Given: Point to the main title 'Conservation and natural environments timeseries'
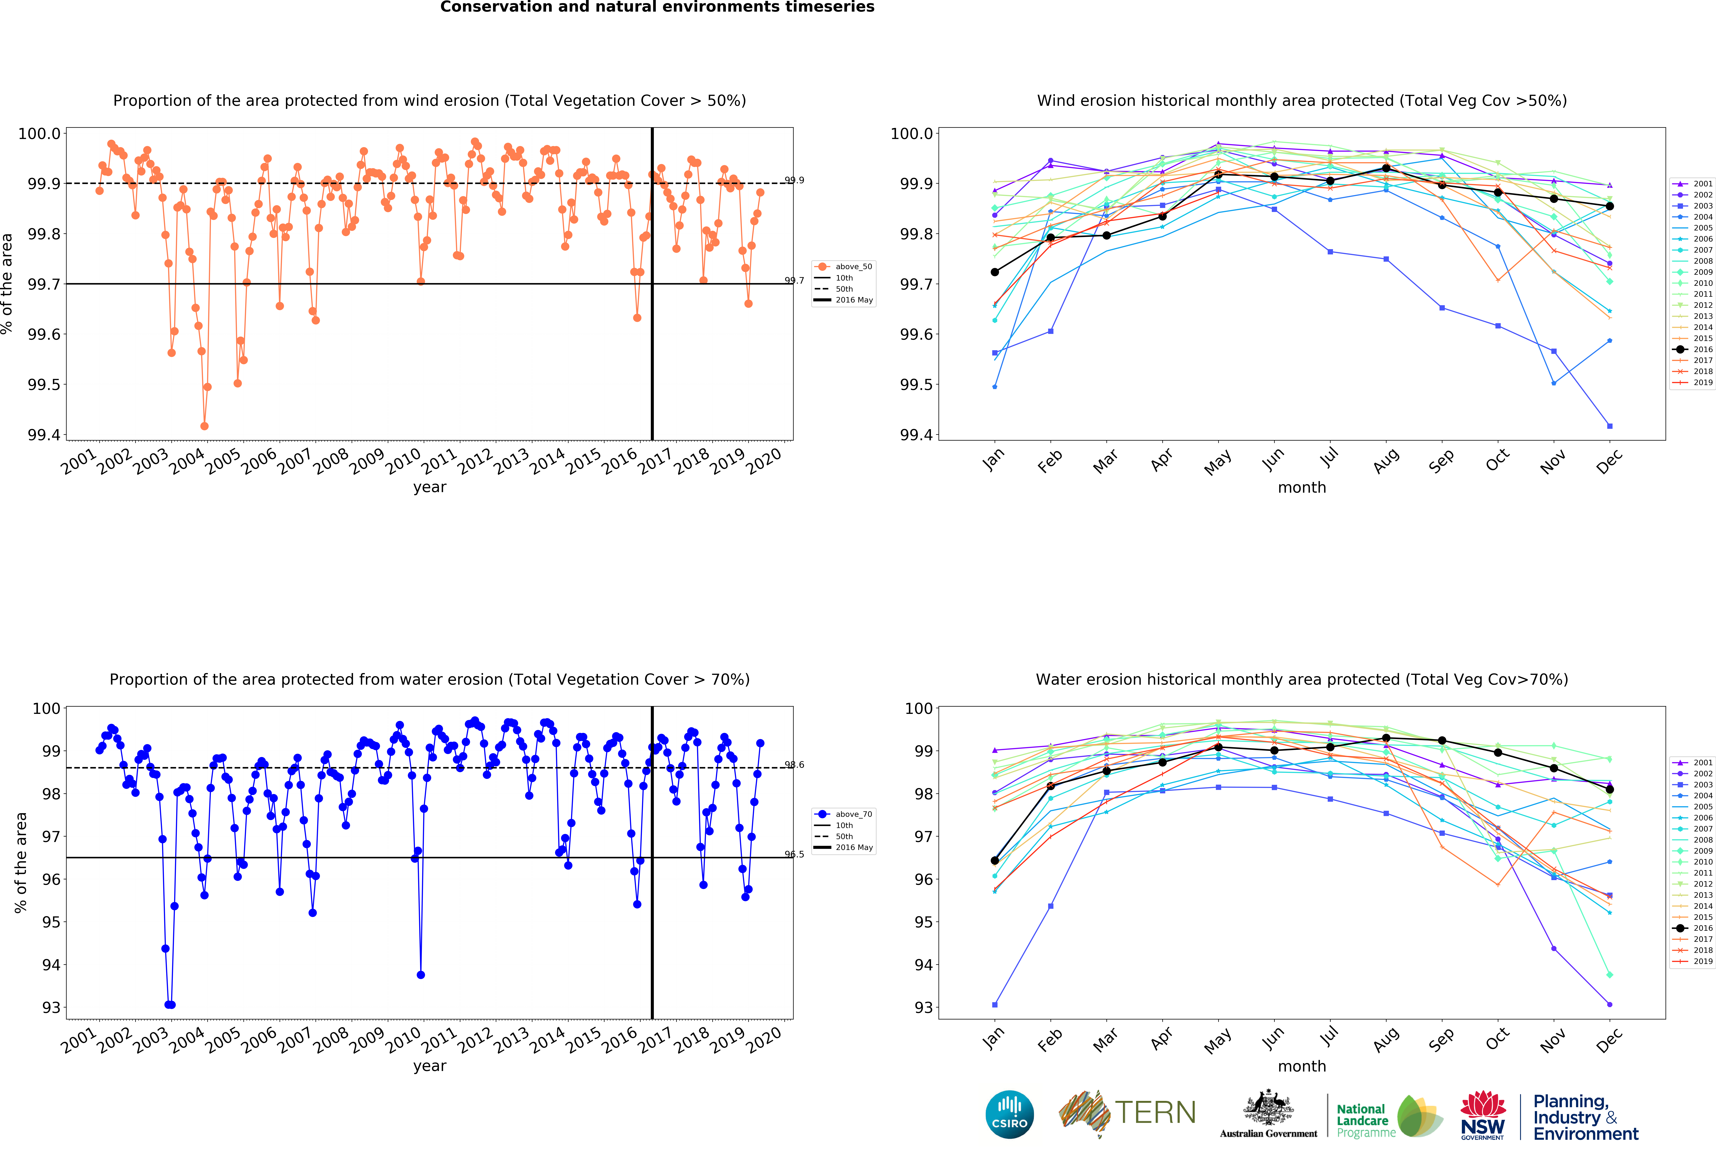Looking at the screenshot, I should [x=657, y=7].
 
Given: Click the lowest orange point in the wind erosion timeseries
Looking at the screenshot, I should [x=205, y=426].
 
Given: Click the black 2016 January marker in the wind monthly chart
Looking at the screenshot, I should [x=995, y=272].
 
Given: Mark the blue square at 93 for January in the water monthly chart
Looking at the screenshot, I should [x=995, y=1005].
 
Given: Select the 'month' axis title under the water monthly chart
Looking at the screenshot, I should [x=1302, y=1066].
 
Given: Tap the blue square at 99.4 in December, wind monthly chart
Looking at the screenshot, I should [x=1610, y=426].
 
